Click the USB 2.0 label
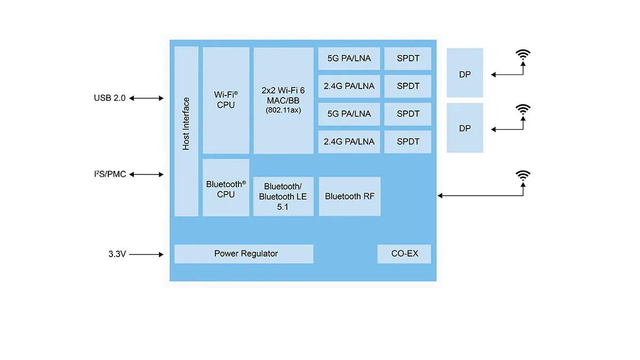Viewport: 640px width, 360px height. (109, 98)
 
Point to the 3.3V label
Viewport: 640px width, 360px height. (117, 254)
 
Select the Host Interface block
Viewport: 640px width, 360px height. (186, 131)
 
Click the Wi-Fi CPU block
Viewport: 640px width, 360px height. (226, 100)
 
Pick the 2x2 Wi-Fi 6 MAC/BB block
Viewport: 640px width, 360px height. (283, 100)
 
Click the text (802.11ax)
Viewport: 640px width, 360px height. (283, 110)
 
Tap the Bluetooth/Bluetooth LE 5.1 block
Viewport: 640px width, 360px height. (283, 196)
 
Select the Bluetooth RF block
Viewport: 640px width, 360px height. (350, 196)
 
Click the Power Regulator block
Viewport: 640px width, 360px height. (244, 254)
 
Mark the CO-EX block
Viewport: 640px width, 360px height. (404, 254)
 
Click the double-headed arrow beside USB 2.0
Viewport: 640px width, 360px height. (146, 98)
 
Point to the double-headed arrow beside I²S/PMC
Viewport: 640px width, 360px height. (146, 174)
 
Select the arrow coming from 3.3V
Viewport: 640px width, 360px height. (146, 254)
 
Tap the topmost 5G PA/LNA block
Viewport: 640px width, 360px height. (349, 58)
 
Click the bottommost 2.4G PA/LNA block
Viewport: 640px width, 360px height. (349, 142)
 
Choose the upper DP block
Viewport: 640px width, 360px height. (465, 73)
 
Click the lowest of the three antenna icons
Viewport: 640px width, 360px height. (523, 175)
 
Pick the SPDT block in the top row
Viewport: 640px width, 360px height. (408, 58)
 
